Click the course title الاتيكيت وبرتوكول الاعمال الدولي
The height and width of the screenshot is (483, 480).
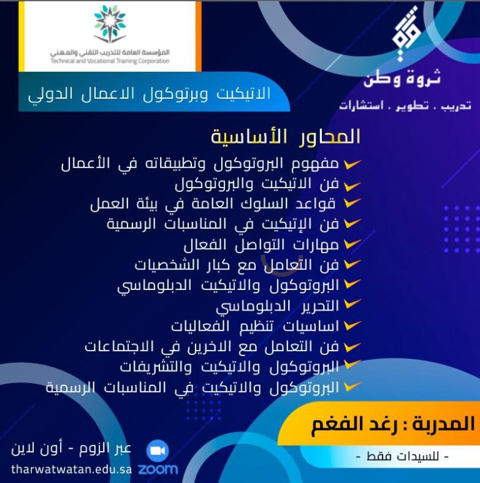coord(150,94)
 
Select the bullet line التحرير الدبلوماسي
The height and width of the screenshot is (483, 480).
coord(277,306)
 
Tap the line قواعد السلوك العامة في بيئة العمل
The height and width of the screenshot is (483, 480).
coord(213,204)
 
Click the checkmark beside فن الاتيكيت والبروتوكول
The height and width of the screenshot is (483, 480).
coord(352,186)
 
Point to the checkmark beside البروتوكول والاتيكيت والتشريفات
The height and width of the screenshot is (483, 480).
coord(352,364)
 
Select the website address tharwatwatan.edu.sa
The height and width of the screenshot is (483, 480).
coord(71,469)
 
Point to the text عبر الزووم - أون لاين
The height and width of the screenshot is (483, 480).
coord(71,449)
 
